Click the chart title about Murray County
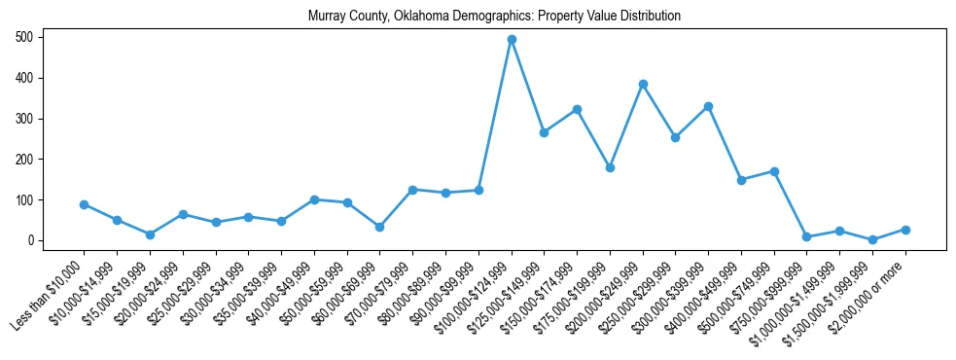click(x=494, y=17)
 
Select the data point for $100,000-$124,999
click(x=512, y=40)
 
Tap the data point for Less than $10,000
click(x=85, y=204)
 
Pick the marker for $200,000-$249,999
click(x=643, y=84)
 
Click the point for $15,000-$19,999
click(x=150, y=234)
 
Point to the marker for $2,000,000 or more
click(x=905, y=230)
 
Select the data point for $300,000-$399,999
click(x=709, y=106)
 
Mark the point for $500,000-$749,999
click(x=774, y=171)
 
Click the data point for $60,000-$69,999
click(x=379, y=227)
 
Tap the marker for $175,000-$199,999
click(x=610, y=167)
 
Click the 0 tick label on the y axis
click(x=31, y=240)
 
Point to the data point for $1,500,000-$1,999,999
click(x=872, y=239)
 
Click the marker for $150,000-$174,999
click(x=577, y=109)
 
